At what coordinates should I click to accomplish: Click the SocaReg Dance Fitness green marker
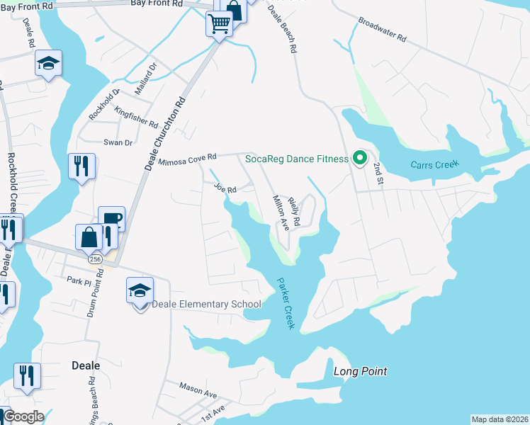[x=359, y=158]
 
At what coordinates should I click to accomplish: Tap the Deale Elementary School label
[x=207, y=305]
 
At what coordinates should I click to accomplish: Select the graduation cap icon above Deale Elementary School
[x=140, y=289]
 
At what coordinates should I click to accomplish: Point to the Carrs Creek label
[x=434, y=165]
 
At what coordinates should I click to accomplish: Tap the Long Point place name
[x=361, y=371]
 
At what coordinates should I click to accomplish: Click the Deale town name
[x=86, y=365]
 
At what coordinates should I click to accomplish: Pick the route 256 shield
[x=94, y=260]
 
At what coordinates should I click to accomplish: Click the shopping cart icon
[x=219, y=24]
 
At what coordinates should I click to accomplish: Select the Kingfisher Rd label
[x=136, y=118]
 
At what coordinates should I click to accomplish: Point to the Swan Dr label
[x=118, y=142]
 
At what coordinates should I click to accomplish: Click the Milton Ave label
[x=281, y=212]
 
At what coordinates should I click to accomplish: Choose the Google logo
[x=23, y=416]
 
